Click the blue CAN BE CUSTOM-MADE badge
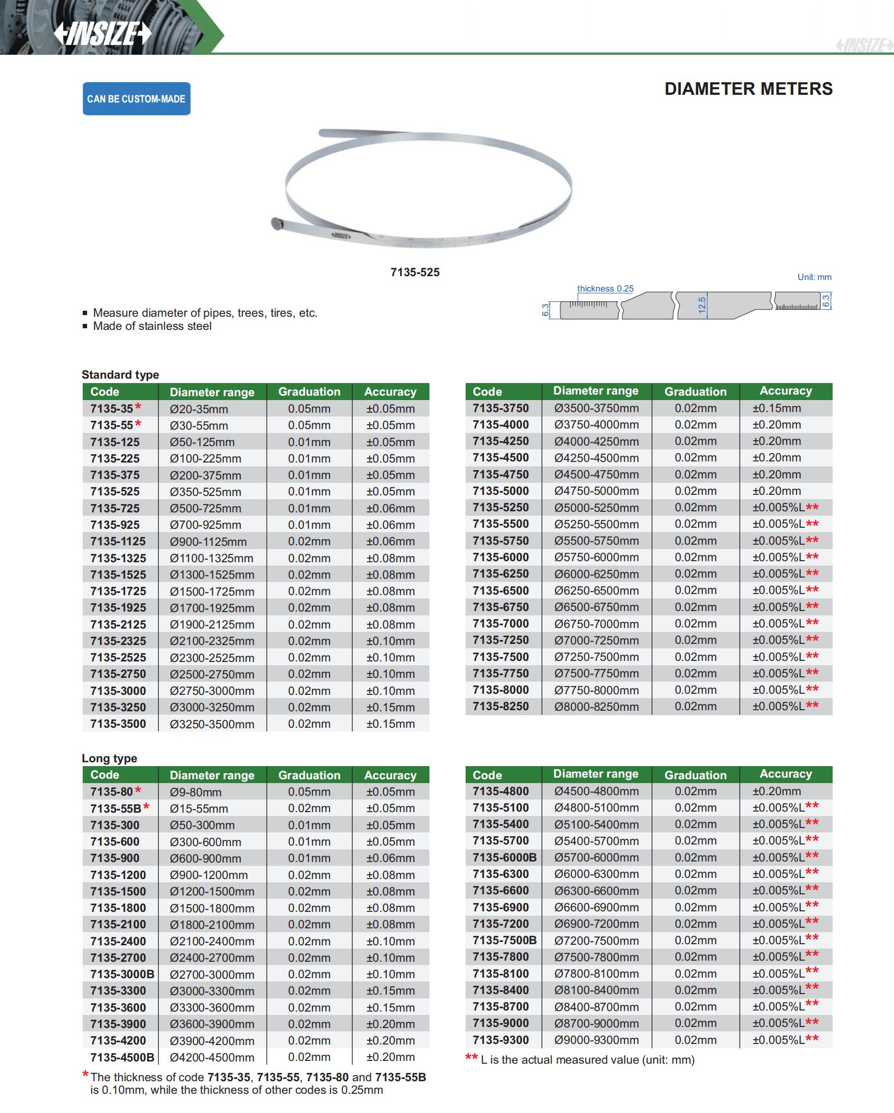(x=136, y=99)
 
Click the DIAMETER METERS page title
(x=748, y=89)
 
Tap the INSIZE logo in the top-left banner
(x=102, y=34)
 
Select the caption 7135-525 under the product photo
(x=415, y=272)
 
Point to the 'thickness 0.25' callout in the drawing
(x=605, y=289)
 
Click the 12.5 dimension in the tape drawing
(x=702, y=305)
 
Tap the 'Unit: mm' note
(x=814, y=277)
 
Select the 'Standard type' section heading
(x=121, y=375)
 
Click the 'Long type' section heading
(x=110, y=758)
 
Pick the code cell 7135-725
(x=115, y=508)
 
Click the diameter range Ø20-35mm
(x=199, y=409)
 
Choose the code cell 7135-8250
(x=501, y=706)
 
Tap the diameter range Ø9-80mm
(x=196, y=792)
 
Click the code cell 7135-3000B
(x=122, y=974)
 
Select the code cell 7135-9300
(x=501, y=1040)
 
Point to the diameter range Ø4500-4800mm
(x=596, y=791)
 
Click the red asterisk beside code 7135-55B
(x=146, y=807)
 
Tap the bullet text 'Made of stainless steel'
(x=152, y=327)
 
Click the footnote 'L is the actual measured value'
(x=587, y=1060)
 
